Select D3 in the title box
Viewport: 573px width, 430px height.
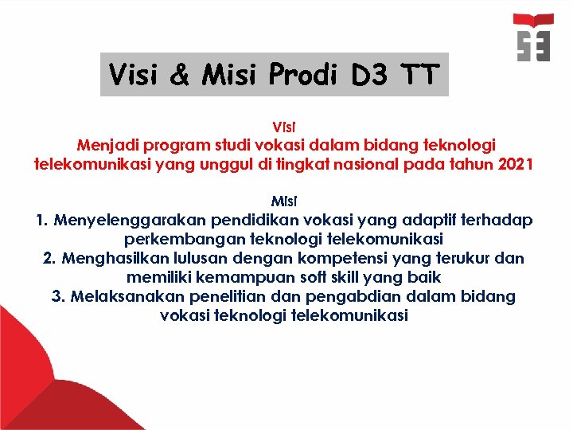[369, 75]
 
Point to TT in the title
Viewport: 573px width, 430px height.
[419, 75]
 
